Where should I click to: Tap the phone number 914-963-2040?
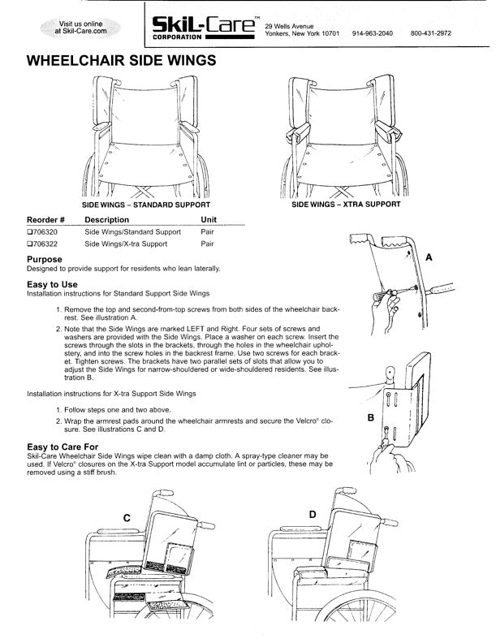pyautogui.click(x=373, y=34)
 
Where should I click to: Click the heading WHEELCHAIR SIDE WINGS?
pyautogui.click(x=122, y=60)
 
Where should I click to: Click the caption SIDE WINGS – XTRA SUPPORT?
pyautogui.click(x=346, y=205)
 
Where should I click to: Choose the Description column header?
pyautogui.click(x=106, y=220)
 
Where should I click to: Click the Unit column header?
pyautogui.click(x=209, y=220)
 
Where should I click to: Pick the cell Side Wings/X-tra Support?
pyautogui.click(x=126, y=244)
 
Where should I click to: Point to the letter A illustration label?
pyautogui.click(x=429, y=257)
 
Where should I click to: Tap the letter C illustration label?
pyautogui.click(x=127, y=517)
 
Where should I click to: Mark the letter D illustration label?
pyautogui.click(x=313, y=515)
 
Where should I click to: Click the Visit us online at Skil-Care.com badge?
pyautogui.click(x=80, y=28)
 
